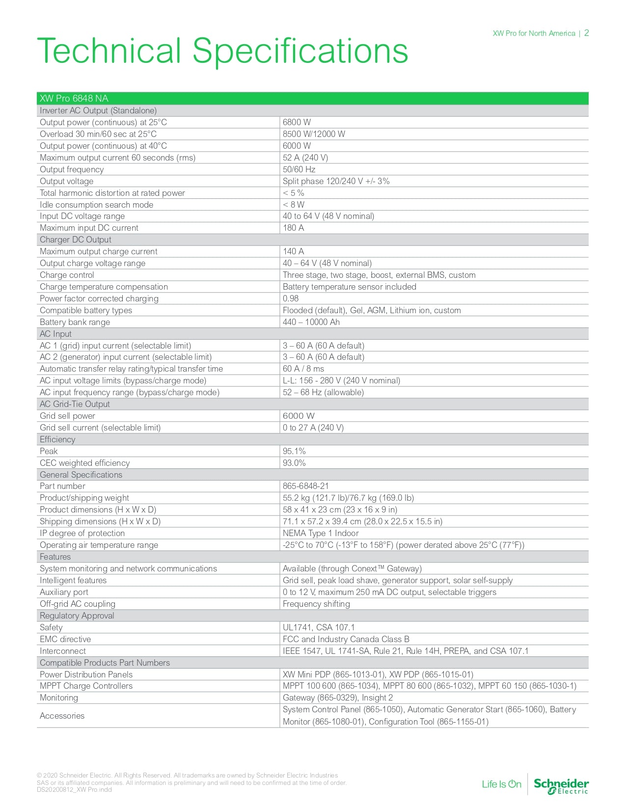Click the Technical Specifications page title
pyautogui.click(x=222, y=51)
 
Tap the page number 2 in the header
pyautogui.click(x=586, y=33)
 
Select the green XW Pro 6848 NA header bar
pyautogui.click(x=312, y=98)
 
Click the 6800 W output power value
pyautogui.click(x=297, y=122)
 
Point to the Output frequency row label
pyautogui.click(x=72, y=169)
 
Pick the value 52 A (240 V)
pyautogui.click(x=305, y=158)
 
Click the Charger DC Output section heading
pyautogui.click(x=76, y=240)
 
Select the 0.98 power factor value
pyautogui.click(x=291, y=298)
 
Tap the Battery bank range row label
pyautogui.click(x=75, y=322)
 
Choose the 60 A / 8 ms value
pyautogui.click(x=303, y=369)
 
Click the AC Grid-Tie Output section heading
pyautogui.click(x=75, y=404)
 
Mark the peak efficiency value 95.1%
pyautogui.click(x=294, y=451)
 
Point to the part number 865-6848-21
pyautogui.click(x=305, y=486)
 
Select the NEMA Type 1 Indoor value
pyautogui.click(x=321, y=533)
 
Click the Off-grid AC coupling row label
pyautogui.click(x=78, y=604)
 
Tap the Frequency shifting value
pyautogui.click(x=316, y=604)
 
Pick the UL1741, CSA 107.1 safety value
pyautogui.click(x=319, y=627)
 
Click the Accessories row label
pyautogui.click(x=62, y=716)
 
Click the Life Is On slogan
pyautogui.click(x=501, y=784)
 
